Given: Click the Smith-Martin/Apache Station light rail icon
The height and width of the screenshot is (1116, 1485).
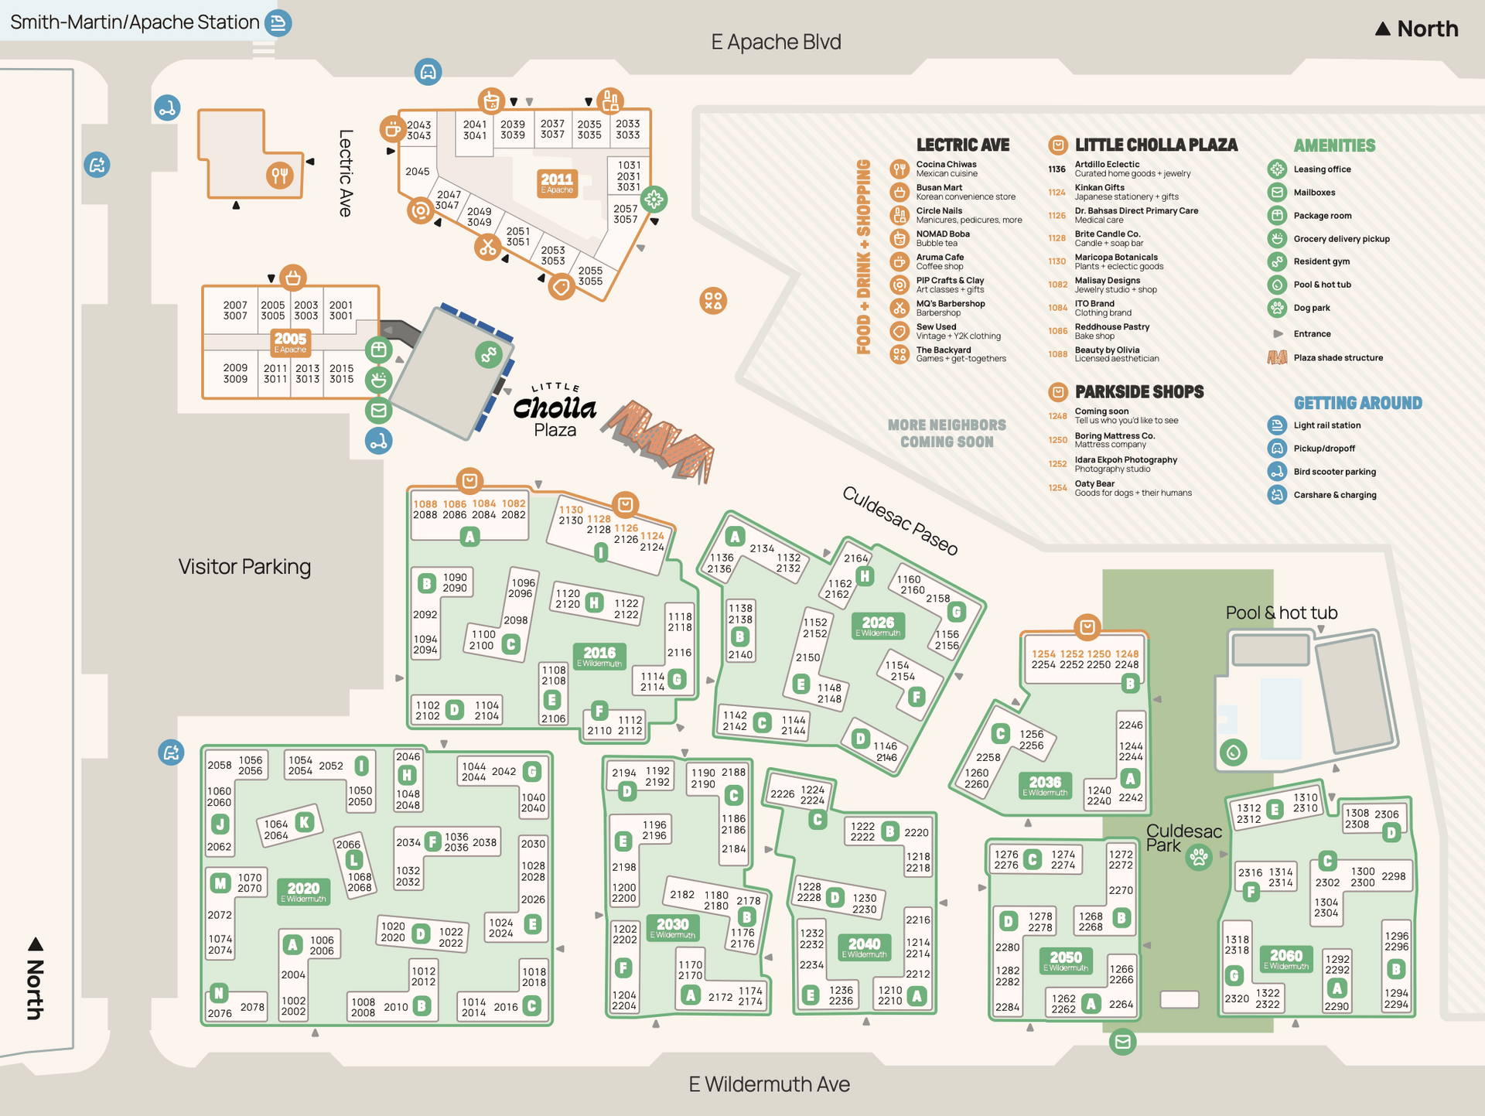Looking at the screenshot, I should click(278, 22).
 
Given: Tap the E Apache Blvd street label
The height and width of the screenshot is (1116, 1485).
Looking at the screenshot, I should click(776, 42).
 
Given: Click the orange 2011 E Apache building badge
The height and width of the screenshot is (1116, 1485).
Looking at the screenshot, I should click(557, 183).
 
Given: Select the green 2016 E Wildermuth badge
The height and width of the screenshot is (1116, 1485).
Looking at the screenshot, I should click(599, 656).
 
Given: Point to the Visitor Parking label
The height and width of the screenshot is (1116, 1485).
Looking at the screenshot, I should click(244, 567).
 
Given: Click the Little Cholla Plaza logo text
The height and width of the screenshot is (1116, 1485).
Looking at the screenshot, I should click(555, 410).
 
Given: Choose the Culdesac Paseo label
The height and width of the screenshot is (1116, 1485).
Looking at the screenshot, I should click(900, 520).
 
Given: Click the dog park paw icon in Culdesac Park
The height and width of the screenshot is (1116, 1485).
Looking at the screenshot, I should click(1199, 857).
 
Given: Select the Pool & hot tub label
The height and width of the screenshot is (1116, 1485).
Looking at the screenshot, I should click(1281, 613).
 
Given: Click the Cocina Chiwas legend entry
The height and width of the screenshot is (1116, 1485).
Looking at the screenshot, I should click(946, 169).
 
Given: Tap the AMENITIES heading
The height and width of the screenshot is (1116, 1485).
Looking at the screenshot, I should click(1334, 145).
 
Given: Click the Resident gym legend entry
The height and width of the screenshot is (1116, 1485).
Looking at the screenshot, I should click(1321, 261).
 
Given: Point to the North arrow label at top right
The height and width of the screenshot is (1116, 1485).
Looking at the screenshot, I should click(1417, 29).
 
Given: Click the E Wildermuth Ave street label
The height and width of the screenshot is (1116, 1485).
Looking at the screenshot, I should click(769, 1084).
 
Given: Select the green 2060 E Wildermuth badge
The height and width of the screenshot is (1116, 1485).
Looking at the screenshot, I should click(1285, 958).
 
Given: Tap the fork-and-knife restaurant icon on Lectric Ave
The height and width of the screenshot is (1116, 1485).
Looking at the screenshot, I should click(279, 176).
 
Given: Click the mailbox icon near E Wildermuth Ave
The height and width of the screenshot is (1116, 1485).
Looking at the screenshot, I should click(1122, 1042).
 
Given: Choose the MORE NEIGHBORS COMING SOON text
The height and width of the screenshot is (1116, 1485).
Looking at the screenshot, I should click(947, 433).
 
